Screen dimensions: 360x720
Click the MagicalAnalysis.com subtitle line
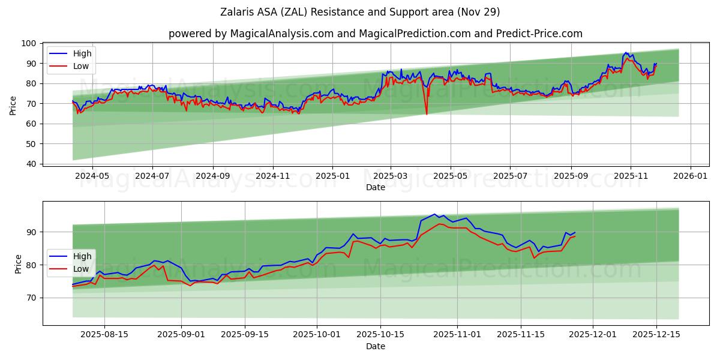tap(375, 34)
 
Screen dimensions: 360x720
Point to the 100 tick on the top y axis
tap(29, 43)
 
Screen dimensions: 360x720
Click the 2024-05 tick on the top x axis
tap(92, 176)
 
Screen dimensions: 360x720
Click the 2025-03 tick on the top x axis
tap(391, 176)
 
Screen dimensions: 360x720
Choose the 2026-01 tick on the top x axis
tap(690, 176)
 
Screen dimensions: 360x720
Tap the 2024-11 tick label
tap(273, 176)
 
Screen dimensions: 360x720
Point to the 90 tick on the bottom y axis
tap(32, 232)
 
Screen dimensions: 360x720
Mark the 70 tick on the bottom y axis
tap(32, 298)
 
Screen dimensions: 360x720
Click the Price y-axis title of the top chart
tap(13, 105)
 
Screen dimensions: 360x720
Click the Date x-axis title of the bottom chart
tap(375, 347)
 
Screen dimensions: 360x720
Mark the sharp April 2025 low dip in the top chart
tap(427, 113)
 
